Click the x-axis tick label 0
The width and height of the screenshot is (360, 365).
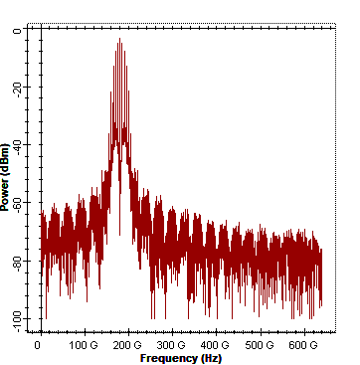coord(38,346)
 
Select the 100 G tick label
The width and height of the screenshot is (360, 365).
coord(84,346)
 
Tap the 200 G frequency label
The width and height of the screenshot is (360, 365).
coord(127,346)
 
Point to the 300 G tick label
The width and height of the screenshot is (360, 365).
coord(171,346)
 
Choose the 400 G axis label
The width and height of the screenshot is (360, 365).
coord(215,346)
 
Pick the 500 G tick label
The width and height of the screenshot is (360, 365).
coord(260,346)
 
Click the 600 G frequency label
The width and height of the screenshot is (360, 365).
coord(302,346)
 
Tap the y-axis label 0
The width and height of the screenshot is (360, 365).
coord(17,31)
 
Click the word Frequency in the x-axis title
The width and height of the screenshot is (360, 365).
coord(168,358)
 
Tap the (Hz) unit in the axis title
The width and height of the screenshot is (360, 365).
coord(211,358)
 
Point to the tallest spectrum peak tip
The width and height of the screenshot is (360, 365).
coord(119,39)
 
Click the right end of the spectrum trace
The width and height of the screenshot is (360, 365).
coord(321,249)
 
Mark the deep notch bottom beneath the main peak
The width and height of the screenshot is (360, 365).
coord(119,235)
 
